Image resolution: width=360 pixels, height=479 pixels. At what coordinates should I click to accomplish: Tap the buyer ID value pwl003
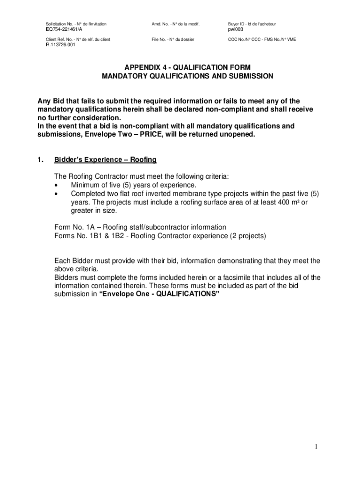[236, 29]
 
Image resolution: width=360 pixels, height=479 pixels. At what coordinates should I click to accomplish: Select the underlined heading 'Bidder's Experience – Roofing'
[105, 160]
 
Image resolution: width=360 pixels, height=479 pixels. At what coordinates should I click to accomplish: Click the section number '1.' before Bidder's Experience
[41, 160]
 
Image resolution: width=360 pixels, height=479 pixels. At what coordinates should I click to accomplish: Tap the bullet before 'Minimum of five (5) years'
[57, 185]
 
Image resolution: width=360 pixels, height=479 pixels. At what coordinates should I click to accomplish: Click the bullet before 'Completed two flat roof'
[57, 194]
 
